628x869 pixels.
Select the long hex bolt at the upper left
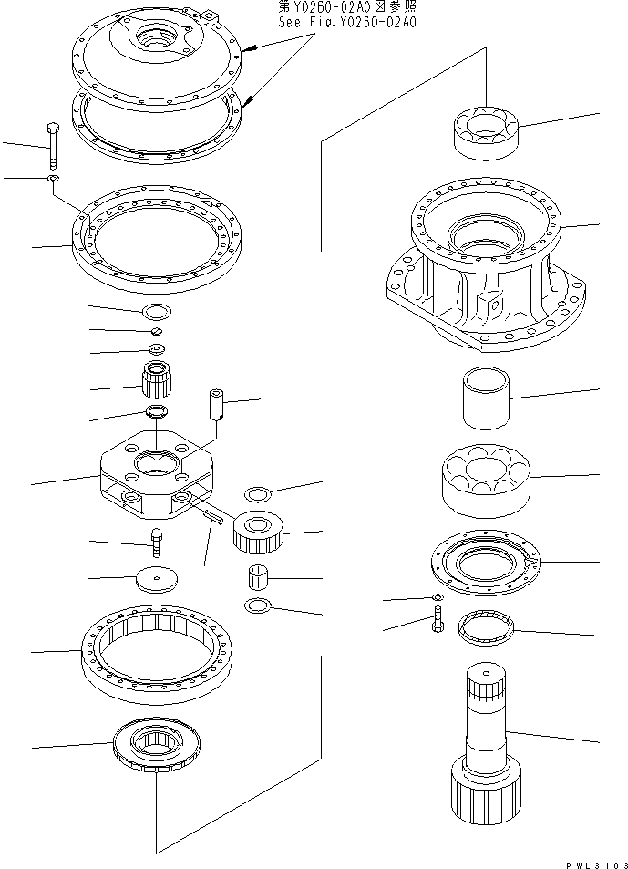coord(53,146)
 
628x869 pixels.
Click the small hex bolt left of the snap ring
coord(437,625)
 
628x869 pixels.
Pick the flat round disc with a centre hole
coord(155,578)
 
